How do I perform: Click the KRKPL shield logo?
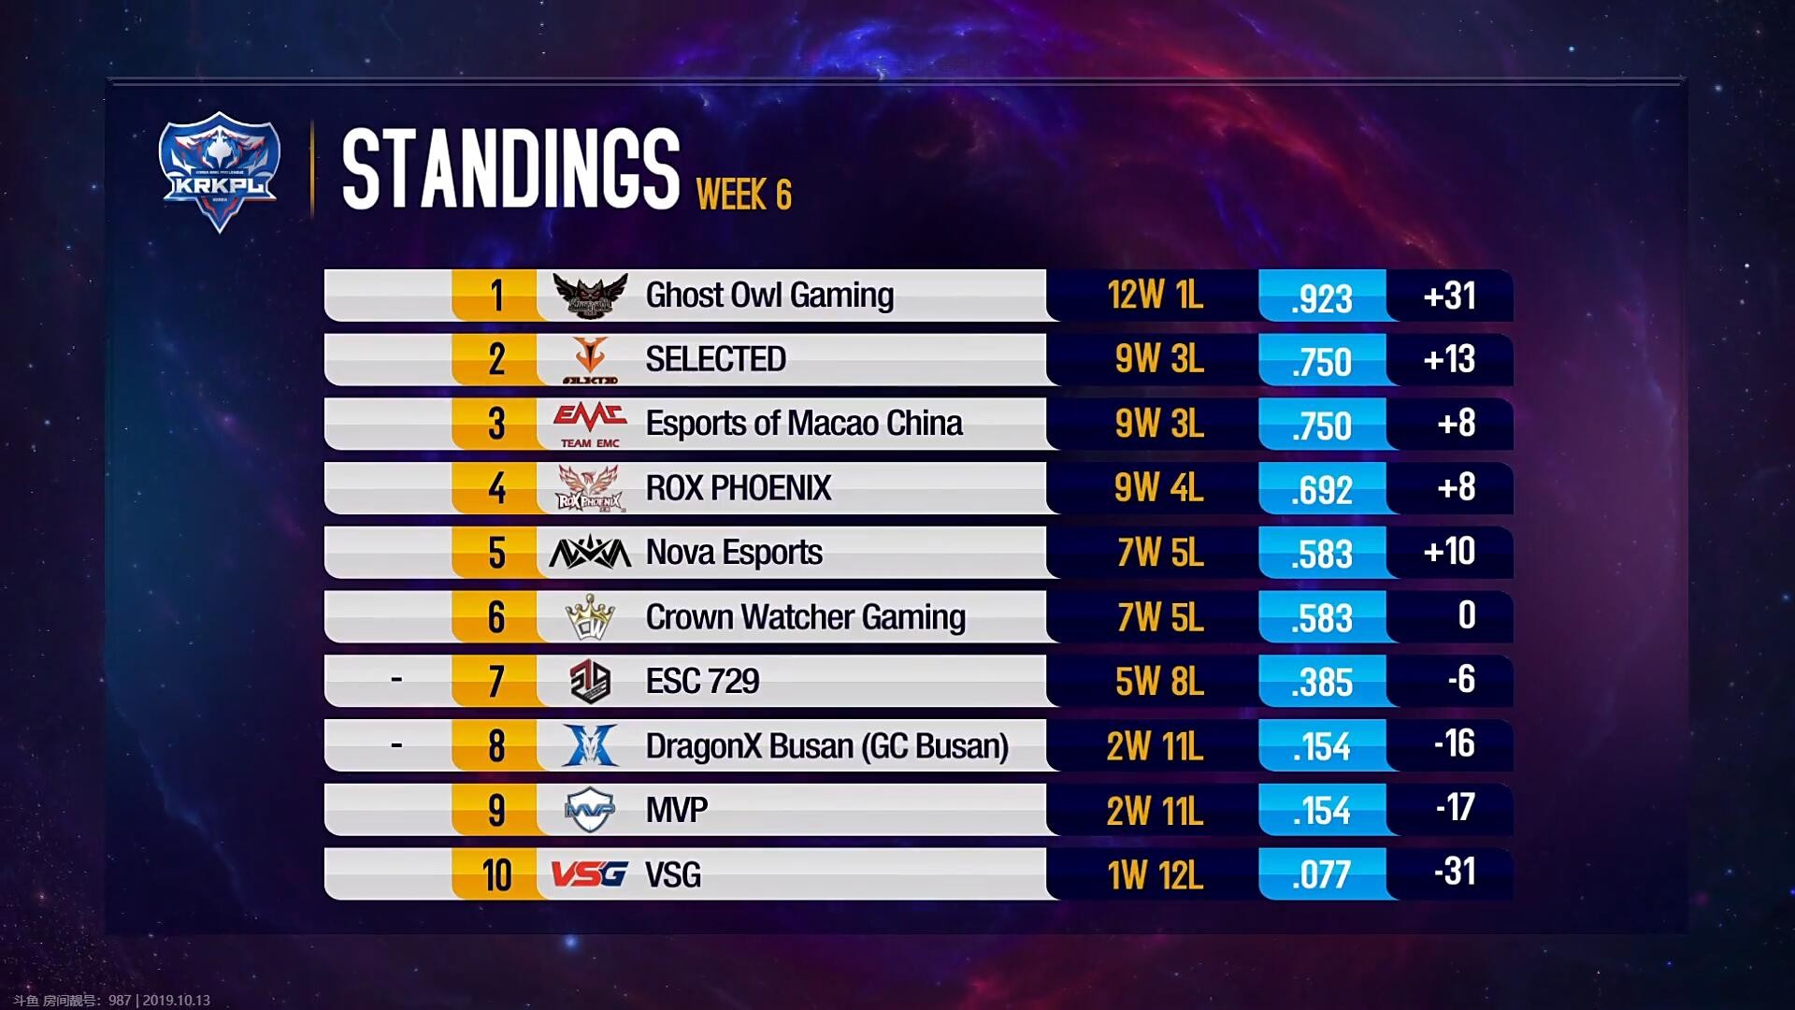pyautogui.click(x=219, y=171)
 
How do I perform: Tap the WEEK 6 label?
pyautogui.click(x=743, y=195)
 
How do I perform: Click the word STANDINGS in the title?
pyautogui.click(x=510, y=168)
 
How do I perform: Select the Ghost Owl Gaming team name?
pyautogui.click(x=769, y=296)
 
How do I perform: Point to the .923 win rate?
pyautogui.click(x=1321, y=298)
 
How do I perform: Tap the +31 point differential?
pyautogui.click(x=1449, y=296)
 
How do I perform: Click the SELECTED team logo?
pyautogui.click(x=590, y=359)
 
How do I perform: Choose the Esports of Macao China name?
pyautogui.click(x=803, y=424)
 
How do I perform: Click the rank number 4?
pyautogui.click(x=496, y=488)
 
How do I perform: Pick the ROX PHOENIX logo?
pyautogui.click(x=589, y=488)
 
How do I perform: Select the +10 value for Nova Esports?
pyautogui.click(x=1449, y=552)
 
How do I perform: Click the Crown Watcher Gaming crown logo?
pyautogui.click(x=590, y=617)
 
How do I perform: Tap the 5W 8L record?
pyautogui.click(x=1159, y=682)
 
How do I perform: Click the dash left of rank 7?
pyautogui.click(x=396, y=679)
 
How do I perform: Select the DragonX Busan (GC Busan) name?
pyautogui.click(x=826, y=746)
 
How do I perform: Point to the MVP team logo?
pyautogui.click(x=590, y=810)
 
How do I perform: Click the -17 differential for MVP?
pyautogui.click(x=1455, y=808)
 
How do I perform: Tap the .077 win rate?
pyautogui.click(x=1321, y=875)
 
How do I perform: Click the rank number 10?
pyautogui.click(x=496, y=875)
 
